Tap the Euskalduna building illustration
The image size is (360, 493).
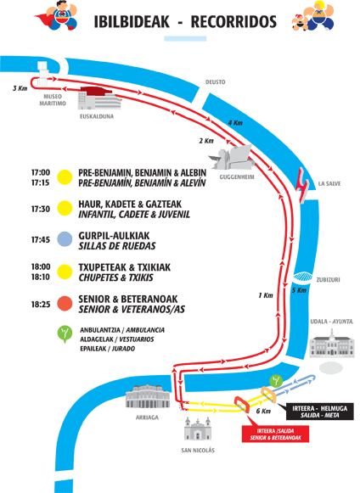click(99, 98)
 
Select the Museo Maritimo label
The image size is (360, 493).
click(53, 99)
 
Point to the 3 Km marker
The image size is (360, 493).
click(20, 88)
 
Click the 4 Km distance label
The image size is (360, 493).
click(235, 123)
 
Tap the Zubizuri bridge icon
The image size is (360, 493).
click(303, 277)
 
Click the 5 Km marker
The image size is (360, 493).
click(299, 290)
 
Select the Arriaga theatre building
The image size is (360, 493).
click(148, 396)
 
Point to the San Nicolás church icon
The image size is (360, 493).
click(198, 429)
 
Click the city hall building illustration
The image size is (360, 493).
click(332, 344)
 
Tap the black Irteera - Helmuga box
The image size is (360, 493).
click(319, 412)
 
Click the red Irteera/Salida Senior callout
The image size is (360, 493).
click(275, 434)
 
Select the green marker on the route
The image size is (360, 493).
click(276, 381)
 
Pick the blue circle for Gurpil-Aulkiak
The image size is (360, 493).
click(65, 239)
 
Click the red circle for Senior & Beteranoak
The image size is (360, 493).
click(65, 304)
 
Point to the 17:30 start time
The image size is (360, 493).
click(41, 209)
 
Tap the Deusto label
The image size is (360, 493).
click(216, 82)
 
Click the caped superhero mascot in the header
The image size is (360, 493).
click(57, 16)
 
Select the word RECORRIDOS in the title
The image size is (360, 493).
click(233, 22)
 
